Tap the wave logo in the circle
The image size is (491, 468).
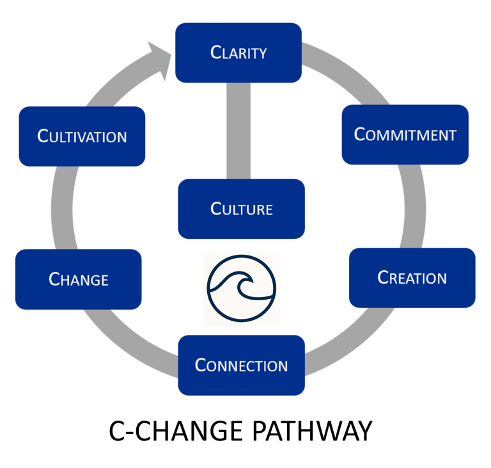click(241, 287)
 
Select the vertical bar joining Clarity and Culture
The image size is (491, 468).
click(238, 131)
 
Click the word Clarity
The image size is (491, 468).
click(238, 52)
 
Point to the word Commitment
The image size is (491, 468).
click(405, 134)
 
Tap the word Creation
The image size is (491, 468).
click(412, 278)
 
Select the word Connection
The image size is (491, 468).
click(241, 366)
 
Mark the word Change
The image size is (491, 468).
click(79, 279)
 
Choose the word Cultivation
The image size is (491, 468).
click(82, 136)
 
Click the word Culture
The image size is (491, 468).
click(242, 209)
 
